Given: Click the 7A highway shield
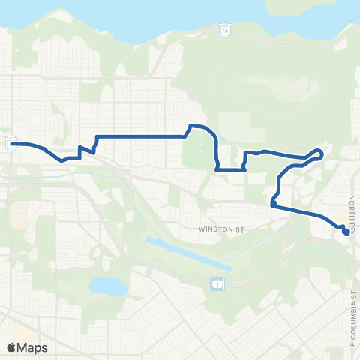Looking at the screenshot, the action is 224,31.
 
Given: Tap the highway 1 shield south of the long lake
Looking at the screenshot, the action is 217,283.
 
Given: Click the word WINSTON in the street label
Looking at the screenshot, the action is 212,228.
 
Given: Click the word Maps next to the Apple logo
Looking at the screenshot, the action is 33,347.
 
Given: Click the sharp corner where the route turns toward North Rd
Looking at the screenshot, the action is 273,203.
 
